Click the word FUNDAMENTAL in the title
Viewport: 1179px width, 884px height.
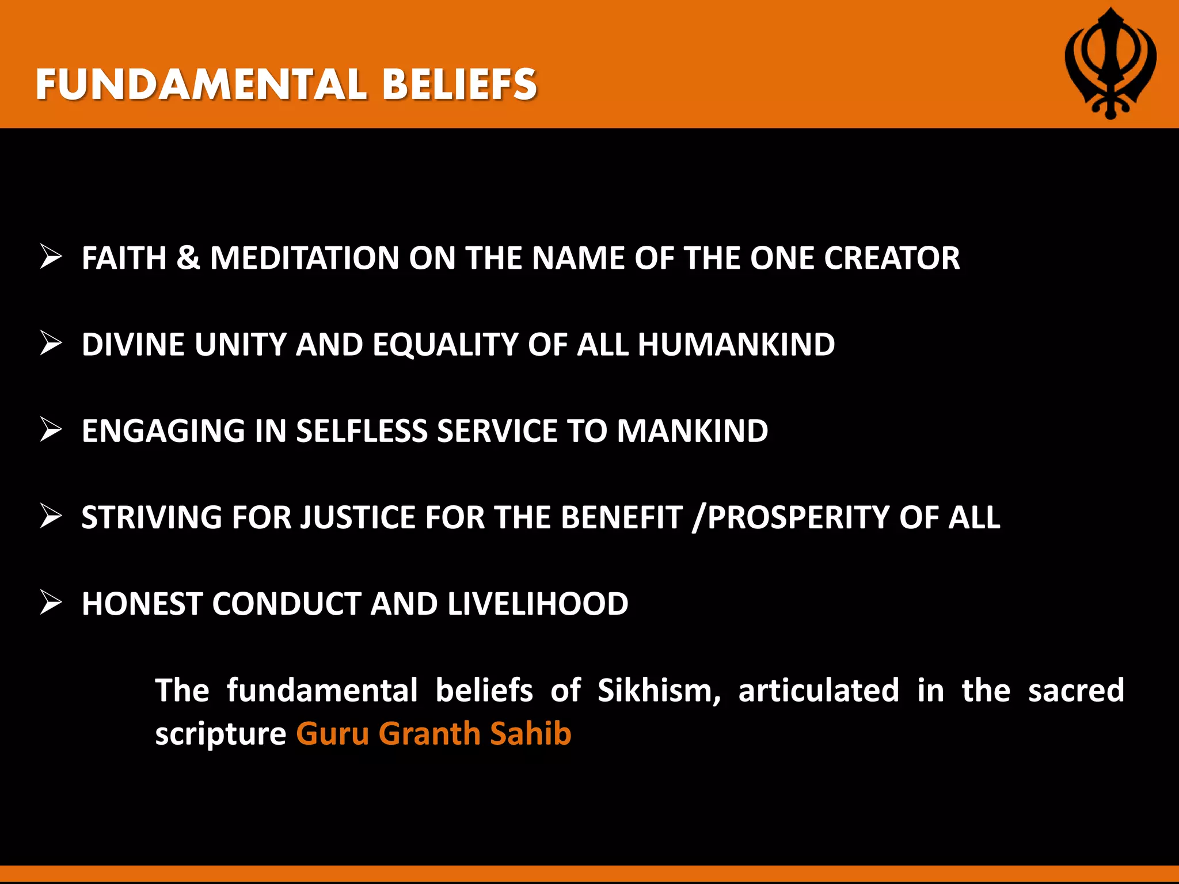click(x=201, y=85)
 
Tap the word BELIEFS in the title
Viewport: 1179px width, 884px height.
click(x=459, y=85)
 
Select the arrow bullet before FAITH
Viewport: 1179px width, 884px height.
click(x=51, y=257)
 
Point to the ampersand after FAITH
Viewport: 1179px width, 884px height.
click(x=188, y=258)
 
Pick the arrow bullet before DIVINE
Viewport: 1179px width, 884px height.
click(x=51, y=344)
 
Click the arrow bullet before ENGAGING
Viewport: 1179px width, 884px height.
click(x=51, y=430)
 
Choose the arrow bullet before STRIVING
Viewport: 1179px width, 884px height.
click(x=51, y=516)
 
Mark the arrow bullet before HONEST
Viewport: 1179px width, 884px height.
click(x=51, y=603)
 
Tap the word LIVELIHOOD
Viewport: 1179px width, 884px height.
click(x=538, y=604)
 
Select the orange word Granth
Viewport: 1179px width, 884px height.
click(x=429, y=734)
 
